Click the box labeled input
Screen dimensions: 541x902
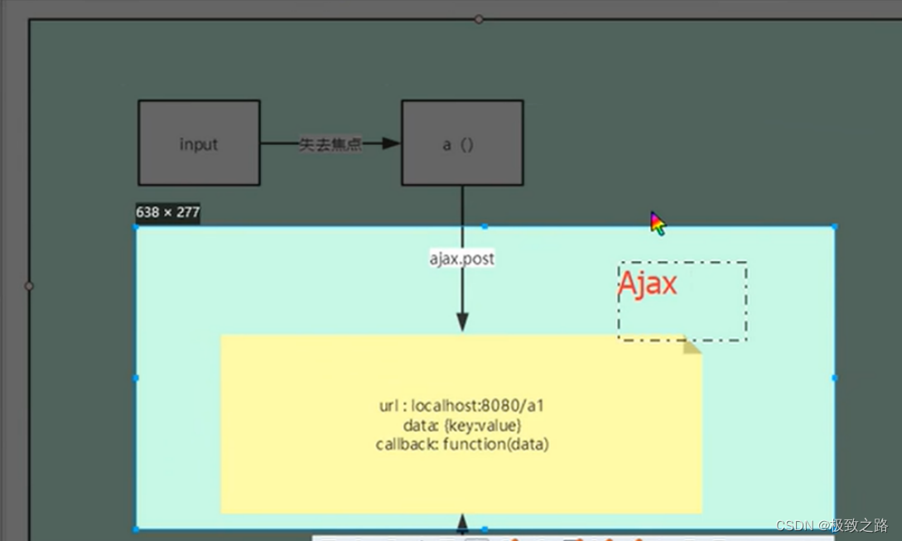[x=199, y=143]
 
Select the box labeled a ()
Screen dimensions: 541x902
[x=462, y=143]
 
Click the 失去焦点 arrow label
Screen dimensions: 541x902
[x=330, y=145]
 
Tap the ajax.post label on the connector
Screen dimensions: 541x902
[x=461, y=258]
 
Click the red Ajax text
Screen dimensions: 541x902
[x=648, y=284]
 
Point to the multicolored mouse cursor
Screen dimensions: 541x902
[x=657, y=223]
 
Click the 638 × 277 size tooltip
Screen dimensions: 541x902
[x=167, y=213]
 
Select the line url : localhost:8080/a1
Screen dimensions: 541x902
[x=461, y=406]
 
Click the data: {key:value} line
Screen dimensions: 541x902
[x=461, y=425]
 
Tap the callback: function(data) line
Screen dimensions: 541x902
[x=461, y=444]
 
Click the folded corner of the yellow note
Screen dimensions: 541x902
[x=691, y=345]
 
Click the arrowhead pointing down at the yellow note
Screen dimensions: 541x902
[x=462, y=321]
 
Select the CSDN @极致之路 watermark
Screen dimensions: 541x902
[x=832, y=525]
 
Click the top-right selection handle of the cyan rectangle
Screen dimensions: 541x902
[x=834, y=226]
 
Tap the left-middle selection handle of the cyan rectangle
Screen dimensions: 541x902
[x=137, y=378]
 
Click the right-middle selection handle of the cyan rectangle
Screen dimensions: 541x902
[x=834, y=378]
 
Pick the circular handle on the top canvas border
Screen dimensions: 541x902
[x=479, y=19]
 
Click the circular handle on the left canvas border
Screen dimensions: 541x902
[x=29, y=286]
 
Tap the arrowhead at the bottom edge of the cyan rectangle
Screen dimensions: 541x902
[x=462, y=523]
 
